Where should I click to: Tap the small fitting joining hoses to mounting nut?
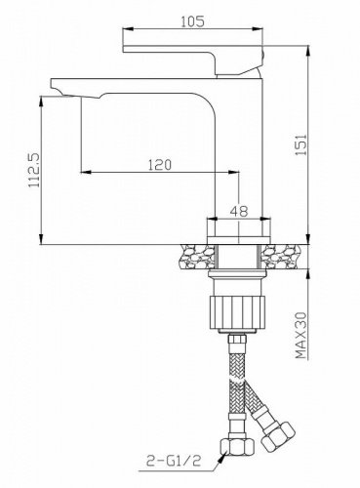point(236,342)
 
